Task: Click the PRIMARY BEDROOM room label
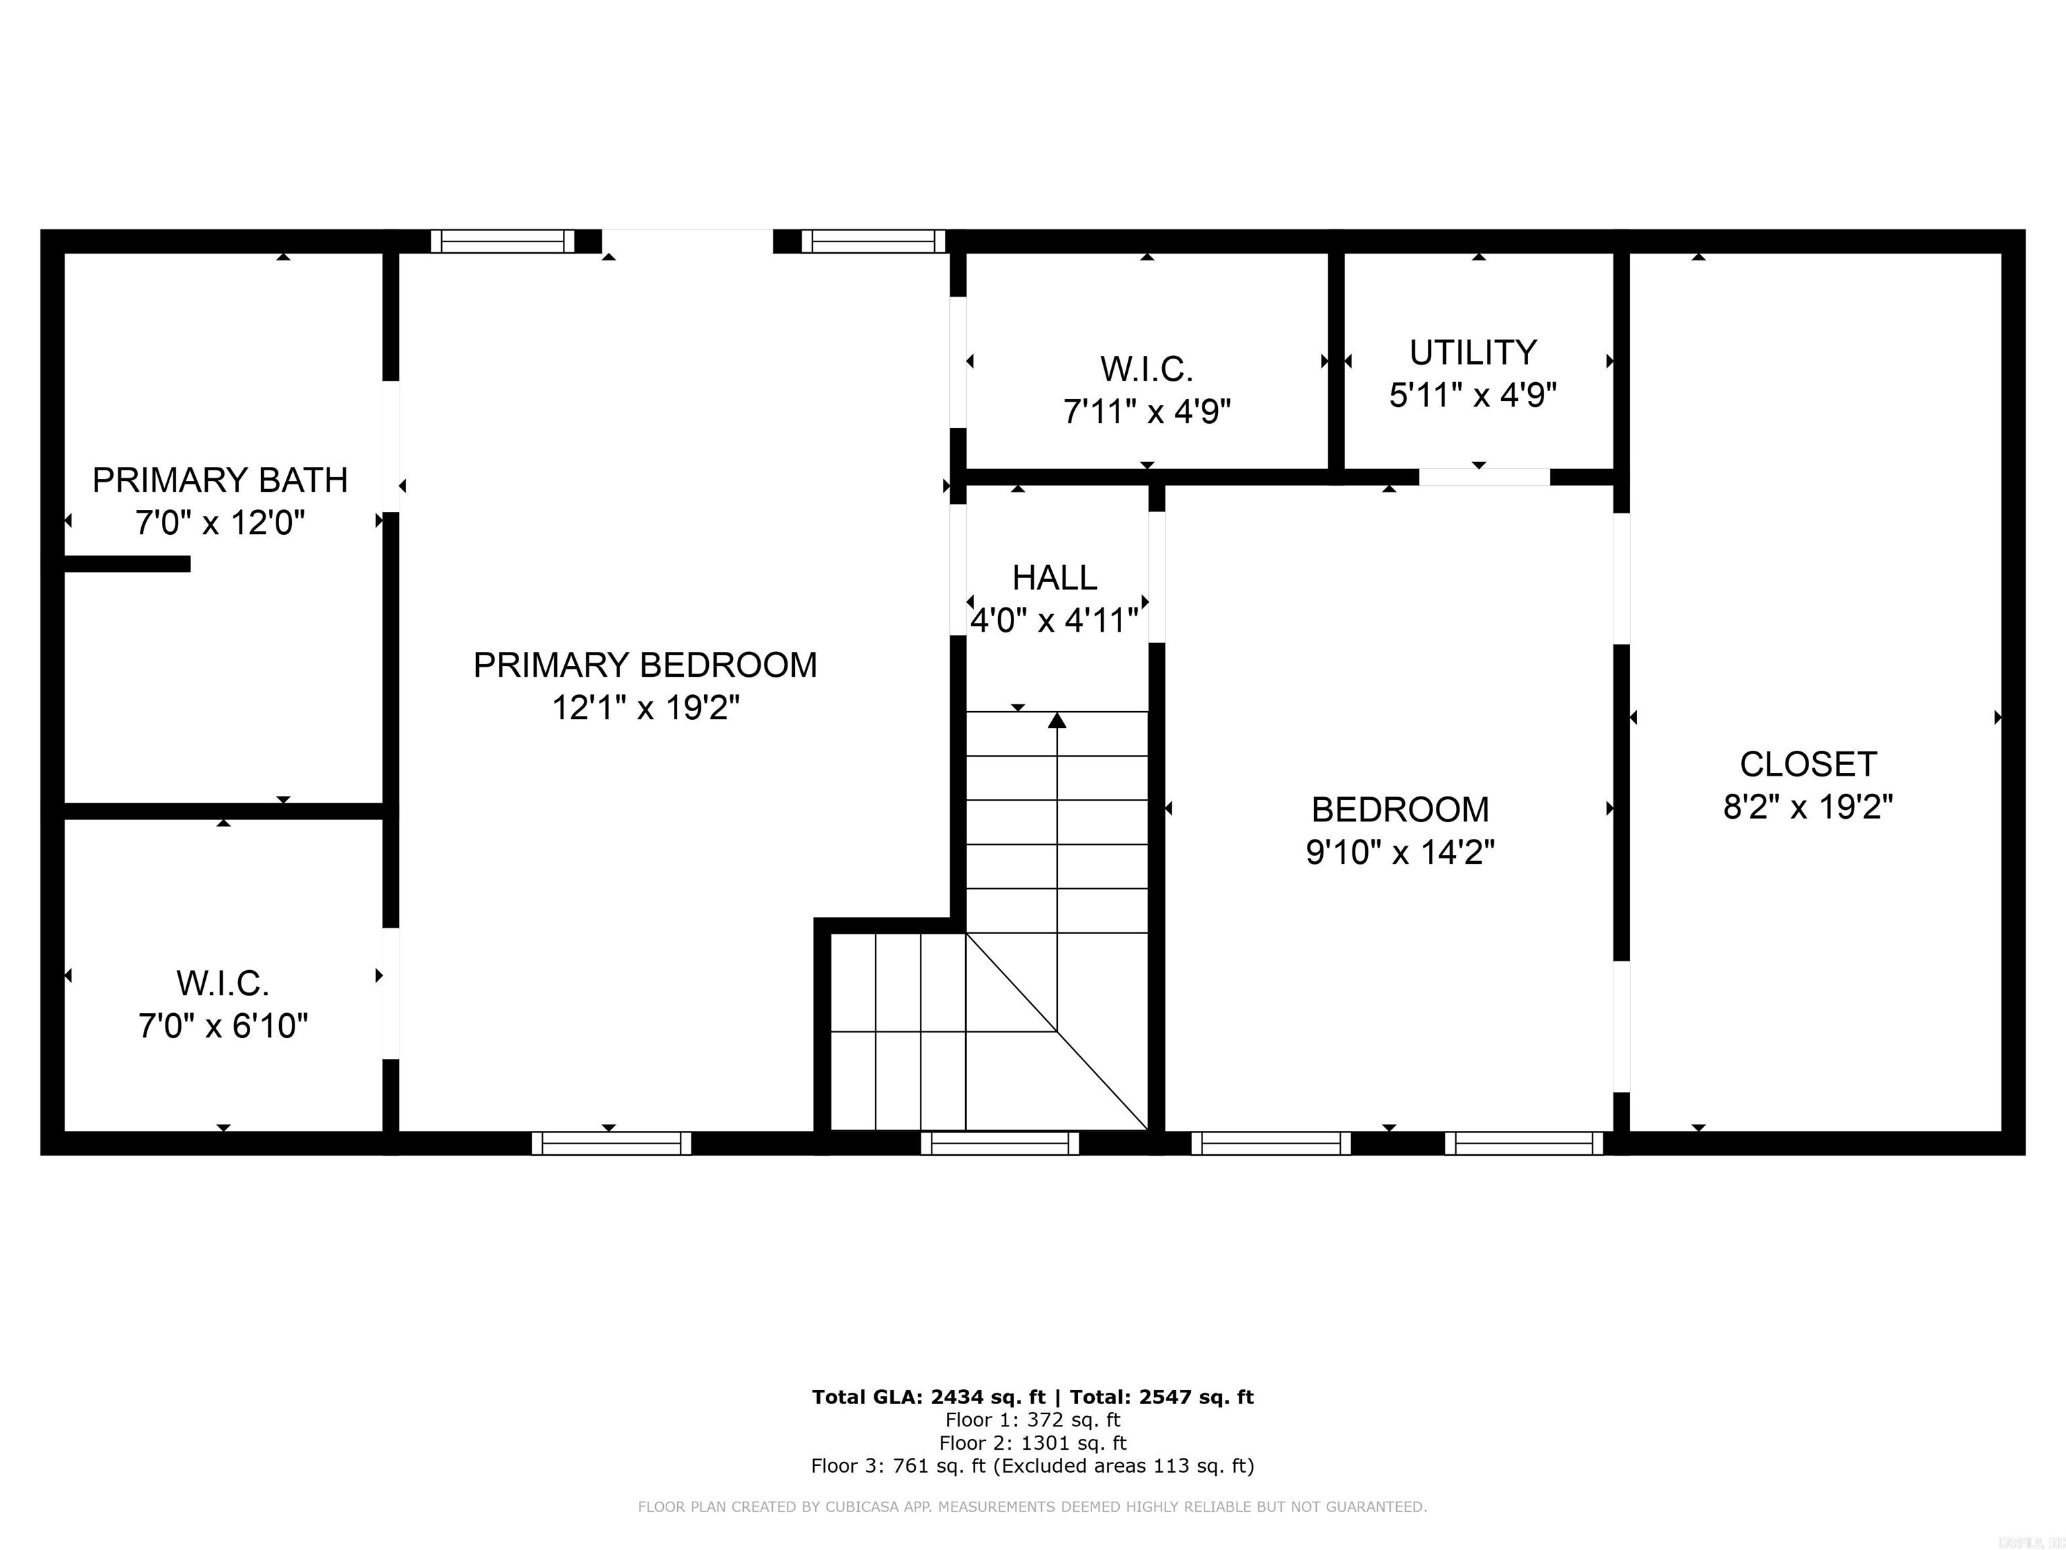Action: pyautogui.click(x=644, y=665)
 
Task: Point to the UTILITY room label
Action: pyautogui.click(x=1473, y=353)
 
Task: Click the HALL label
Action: pyautogui.click(x=1055, y=579)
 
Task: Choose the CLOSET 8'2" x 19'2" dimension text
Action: pyautogui.click(x=1807, y=807)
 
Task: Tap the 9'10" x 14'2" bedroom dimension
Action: pyautogui.click(x=1399, y=853)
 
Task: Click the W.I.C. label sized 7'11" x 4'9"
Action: pyautogui.click(x=1146, y=370)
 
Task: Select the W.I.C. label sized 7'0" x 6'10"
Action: pyautogui.click(x=223, y=984)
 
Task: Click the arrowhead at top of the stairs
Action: pyautogui.click(x=1057, y=719)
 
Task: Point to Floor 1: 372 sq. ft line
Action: pyautogui.click(x=1032, y=1420)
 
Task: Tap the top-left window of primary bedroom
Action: pyautogui.click(x=502, y=241)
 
